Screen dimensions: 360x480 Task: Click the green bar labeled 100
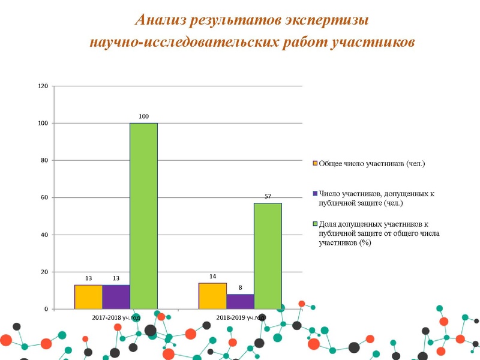[143, 216]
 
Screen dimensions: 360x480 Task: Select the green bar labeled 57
[268, 256]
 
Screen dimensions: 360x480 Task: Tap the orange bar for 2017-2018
[88, 297]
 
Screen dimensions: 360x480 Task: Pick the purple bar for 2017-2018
[116, 297]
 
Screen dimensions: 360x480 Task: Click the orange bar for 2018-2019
[212, 296]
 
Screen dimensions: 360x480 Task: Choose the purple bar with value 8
[240, 301]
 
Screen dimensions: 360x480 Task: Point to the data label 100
[143, 116]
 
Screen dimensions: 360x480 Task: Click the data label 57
[268, 196]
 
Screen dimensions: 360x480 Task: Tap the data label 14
[212, 277]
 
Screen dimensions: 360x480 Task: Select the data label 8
[240, 288]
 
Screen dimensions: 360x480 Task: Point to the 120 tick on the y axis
[43, 86]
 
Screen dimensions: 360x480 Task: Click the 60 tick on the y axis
[44, 197]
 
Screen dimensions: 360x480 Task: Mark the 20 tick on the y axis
[44, 272]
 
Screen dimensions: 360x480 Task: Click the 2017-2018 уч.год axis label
[116, 317]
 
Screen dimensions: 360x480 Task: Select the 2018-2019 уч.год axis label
[241, 317]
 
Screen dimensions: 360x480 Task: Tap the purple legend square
[314, 194]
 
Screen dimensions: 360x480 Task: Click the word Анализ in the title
[160, 20]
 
